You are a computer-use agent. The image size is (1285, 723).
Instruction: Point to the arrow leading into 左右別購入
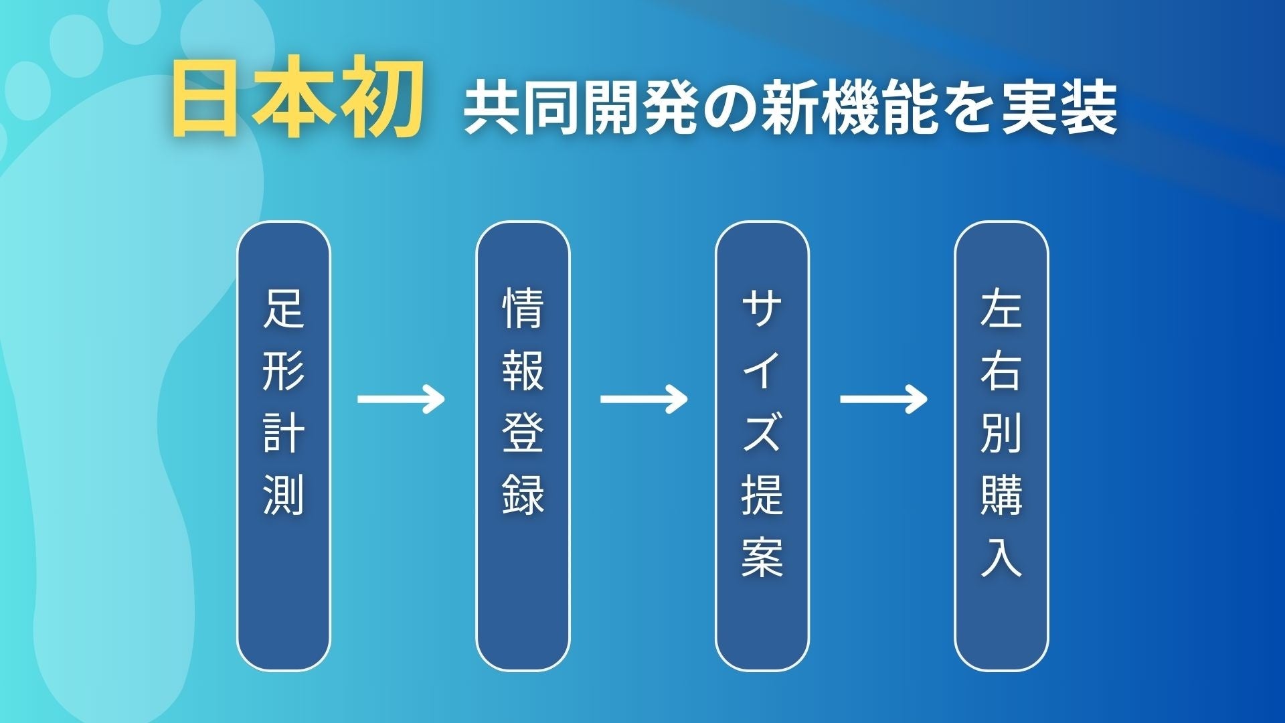(x=883, y=400)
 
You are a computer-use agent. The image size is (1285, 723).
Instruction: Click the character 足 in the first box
(x=284, y=309)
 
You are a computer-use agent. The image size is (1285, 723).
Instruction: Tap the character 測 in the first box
(x=284, y=495)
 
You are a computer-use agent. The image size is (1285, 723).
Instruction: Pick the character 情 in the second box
(x=523, y=309)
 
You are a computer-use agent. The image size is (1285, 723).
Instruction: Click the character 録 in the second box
(x=523, y=495)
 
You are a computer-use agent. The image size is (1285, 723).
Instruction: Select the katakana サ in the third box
(x=762, y=309)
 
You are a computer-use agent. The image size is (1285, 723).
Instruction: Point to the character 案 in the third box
(x=762, y=556)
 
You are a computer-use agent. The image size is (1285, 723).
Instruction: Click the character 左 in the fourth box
(x=1001, y=309)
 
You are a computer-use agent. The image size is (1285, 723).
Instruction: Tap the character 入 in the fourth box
(x=1001, y=556)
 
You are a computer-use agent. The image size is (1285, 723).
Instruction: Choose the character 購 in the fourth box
(x=1001, y=495)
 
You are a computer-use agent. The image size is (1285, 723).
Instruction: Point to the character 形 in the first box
(x=284, y=370)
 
